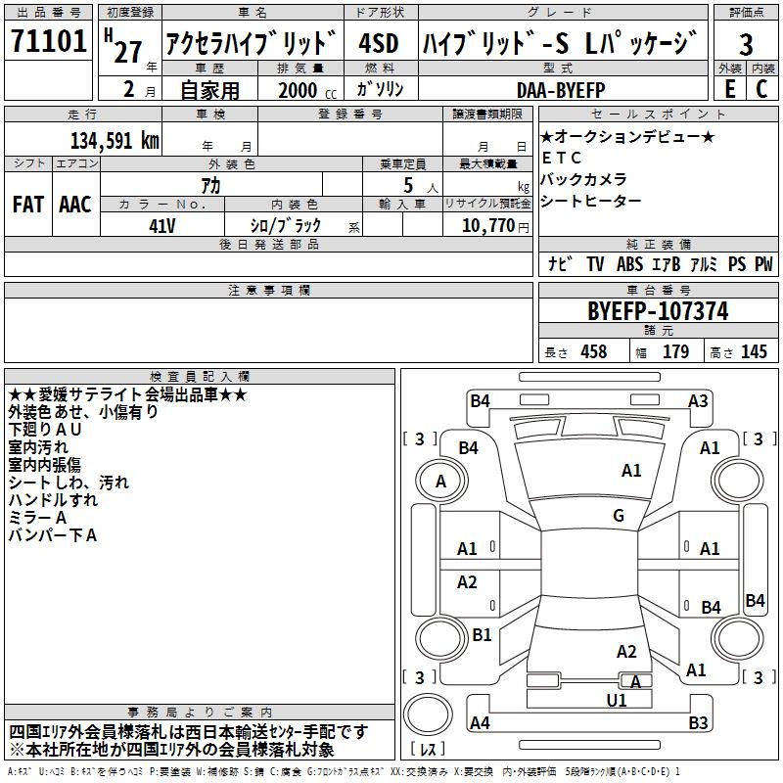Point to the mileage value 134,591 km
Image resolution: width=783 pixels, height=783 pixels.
pos(115,140)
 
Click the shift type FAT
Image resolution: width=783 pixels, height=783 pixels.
pos(28,205)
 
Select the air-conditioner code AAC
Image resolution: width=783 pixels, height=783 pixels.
pos(75,205)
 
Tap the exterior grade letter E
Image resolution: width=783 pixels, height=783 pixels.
pos(729,89)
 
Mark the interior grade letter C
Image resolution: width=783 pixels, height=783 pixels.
pos(761,89)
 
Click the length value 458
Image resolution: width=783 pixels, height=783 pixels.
pos(592,351)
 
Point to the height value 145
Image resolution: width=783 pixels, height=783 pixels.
pos(754,351)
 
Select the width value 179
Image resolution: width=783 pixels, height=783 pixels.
pos(675,351)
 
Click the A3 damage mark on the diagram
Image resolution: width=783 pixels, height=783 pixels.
pos(698,400)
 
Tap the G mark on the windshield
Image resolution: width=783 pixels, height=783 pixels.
pos(618,516)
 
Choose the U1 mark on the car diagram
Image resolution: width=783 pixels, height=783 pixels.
pos(617,700)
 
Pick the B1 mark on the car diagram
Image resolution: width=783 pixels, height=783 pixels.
pos(482,634)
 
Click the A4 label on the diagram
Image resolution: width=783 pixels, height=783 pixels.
pos(480,723)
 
